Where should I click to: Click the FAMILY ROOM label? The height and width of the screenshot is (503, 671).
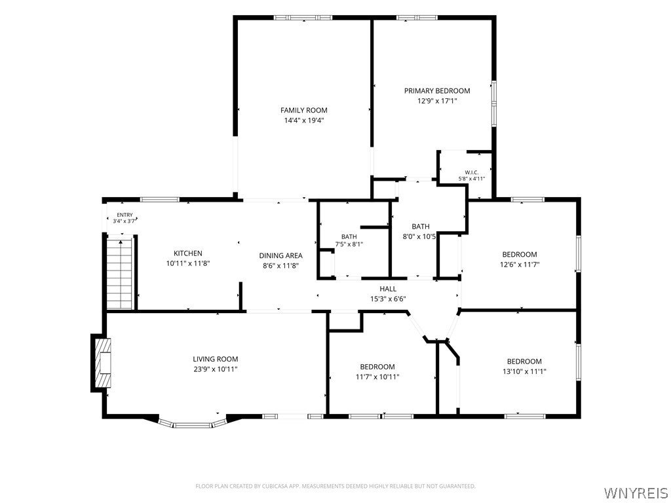[x=304, y=110]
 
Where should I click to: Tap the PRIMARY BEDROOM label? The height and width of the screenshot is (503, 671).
[x=437, y=90]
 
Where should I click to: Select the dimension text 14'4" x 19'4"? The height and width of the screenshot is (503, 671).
[x=304, y=121]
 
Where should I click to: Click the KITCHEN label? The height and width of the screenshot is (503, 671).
[x=188, y=253]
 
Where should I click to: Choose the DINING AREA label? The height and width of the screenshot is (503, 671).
[x=280, y=256]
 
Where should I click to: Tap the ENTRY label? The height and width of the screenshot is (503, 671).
[x=125, y=215]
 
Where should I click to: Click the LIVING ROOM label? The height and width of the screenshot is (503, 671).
[x=215, y=360]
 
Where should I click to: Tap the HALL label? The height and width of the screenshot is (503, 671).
[x=388, y=289]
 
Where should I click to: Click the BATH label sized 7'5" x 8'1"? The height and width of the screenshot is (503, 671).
[x=349, y=236]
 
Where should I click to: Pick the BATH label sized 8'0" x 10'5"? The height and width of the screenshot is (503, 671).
[x=421, y=227]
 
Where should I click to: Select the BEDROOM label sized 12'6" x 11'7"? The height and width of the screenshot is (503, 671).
[x=520, y=255]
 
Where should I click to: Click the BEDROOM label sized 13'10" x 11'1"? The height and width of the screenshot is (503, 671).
[x=524, y=362]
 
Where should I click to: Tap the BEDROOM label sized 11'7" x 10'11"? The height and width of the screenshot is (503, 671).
[x=377, y=367]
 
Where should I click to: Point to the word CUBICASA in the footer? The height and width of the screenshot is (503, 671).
[x=277, y=487]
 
